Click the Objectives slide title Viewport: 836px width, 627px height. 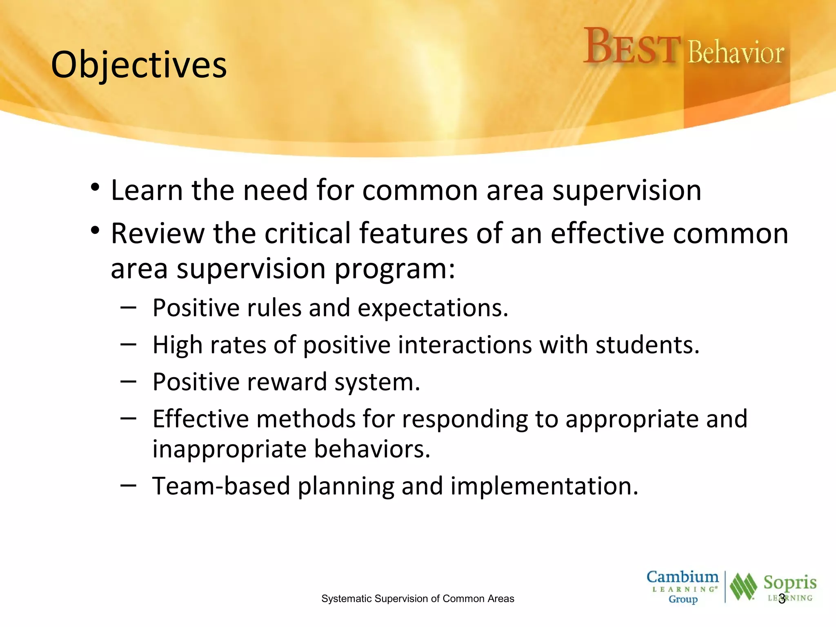point(139,65)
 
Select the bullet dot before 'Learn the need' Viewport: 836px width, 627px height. point(95,188)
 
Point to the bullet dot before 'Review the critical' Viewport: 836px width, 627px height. point(95,231)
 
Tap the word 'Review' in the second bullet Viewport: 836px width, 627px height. point(157,233)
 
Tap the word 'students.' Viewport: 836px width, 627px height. point(647,345)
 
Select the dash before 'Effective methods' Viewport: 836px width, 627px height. point(128,418)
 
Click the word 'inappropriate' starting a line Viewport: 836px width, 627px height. point(229,449)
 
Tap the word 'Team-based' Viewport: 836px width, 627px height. point(220,486)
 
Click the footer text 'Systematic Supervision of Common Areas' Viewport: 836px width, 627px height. point(418,598)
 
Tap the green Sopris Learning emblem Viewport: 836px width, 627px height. point(743,587)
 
